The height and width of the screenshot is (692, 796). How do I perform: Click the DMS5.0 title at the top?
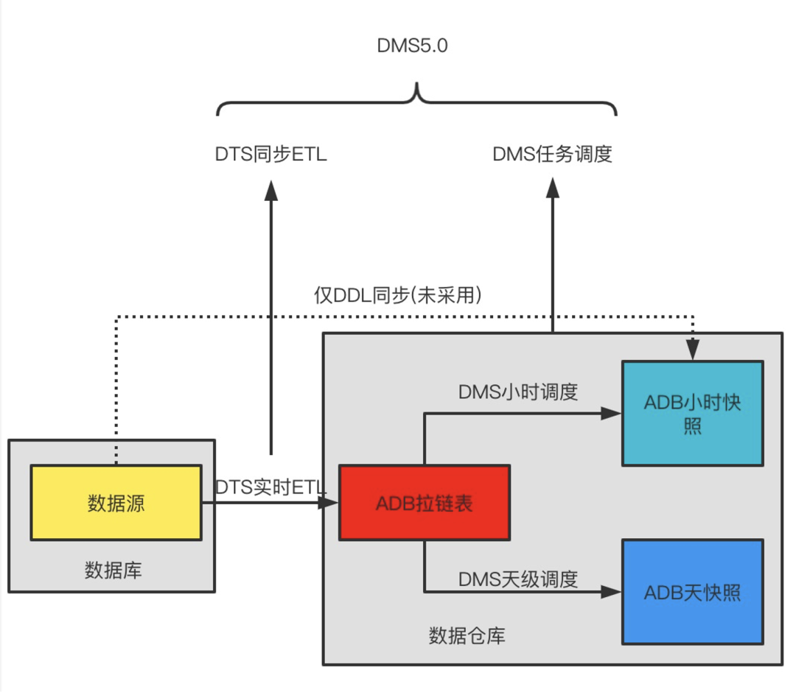pyautogui.click(x=412, y=46)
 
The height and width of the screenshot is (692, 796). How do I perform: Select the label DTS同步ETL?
pyautogui.click(x=270, y=155)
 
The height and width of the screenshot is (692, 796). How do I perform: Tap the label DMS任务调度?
pyautogui.click(x=552, y=155)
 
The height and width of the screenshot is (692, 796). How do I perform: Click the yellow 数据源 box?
pyautogui.click(x=116, y=503)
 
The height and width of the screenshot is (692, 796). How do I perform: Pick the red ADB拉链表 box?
pyautogui.click(x=424, y=503)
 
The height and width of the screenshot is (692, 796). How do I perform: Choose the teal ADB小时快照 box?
pyautogui.click(x=692, y=414)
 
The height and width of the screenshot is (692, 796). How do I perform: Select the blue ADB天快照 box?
pyautogui.click(x=692, y=592)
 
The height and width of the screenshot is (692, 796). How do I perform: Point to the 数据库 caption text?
pyautogui.click(x=113, y=570)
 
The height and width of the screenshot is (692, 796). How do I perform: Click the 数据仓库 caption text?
pyautogui.click(x=467, y=635)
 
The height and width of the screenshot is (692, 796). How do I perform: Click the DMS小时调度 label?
pyautogui.click(x=517, y=392)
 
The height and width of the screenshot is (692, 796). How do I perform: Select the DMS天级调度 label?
pyautogui.click(x=517, y=579)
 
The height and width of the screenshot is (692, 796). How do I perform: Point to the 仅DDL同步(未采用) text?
pyautogui.click(x=398, y=295)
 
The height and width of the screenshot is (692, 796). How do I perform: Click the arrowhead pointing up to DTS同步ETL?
pyautogui.click(x=270, y=189)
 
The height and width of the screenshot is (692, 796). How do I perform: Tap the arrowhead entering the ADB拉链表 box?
pyautogui.click(x=329, y=503)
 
